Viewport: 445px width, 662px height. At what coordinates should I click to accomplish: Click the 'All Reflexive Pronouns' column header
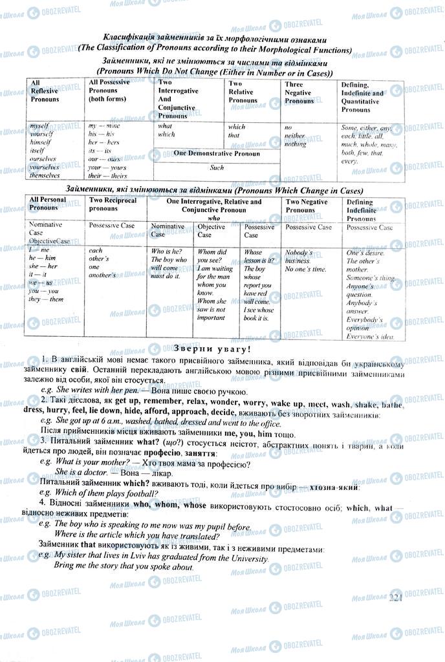point(45,91)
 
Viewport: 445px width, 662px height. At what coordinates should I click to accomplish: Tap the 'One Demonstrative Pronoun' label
point(217,153)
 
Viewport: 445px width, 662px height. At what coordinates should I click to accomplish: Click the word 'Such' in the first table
point(217,168)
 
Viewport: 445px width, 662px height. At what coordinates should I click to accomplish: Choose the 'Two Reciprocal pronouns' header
point(103,205)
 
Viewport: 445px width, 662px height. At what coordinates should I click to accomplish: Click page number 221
point(396,599)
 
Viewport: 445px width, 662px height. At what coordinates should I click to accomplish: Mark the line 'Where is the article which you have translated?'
point(136,536)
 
